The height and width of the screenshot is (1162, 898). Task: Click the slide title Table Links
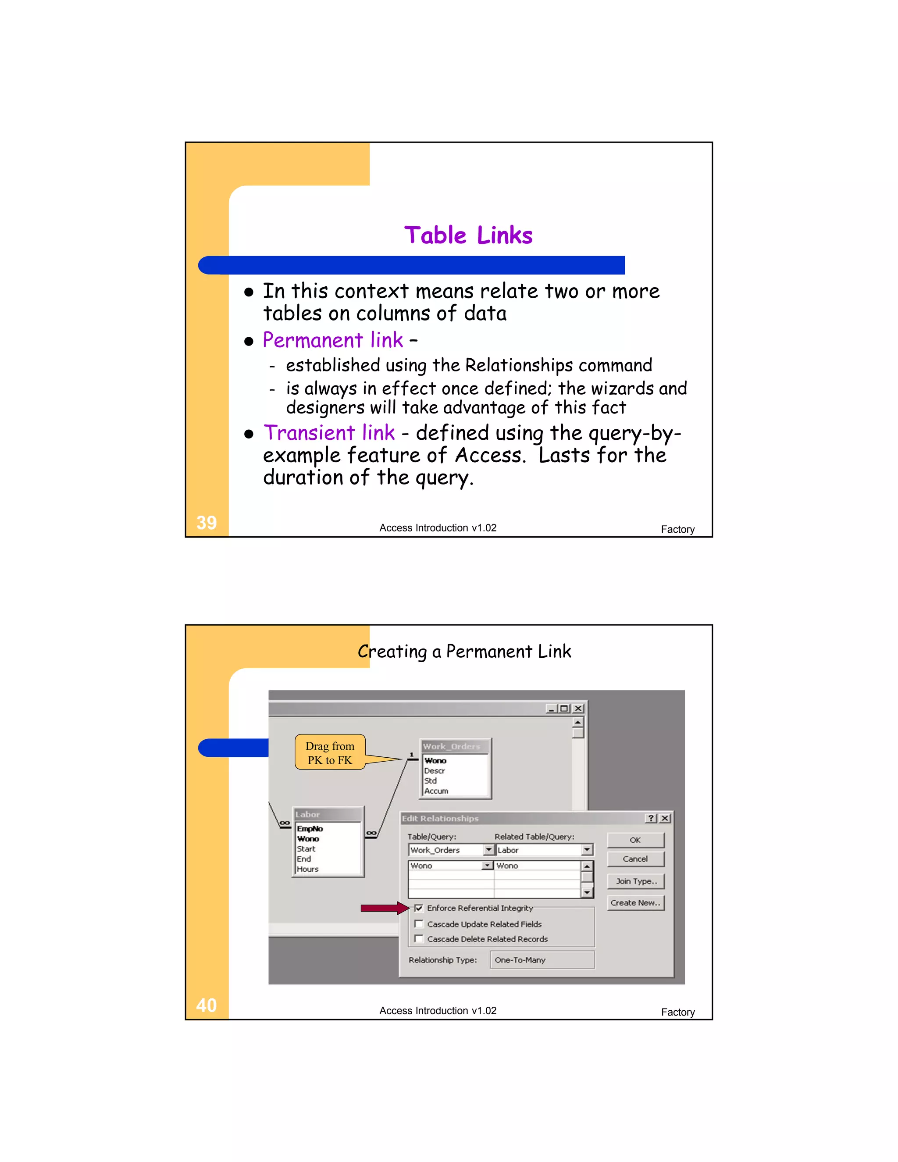468,235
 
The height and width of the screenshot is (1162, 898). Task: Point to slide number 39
207,523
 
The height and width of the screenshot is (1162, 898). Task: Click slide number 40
207,1005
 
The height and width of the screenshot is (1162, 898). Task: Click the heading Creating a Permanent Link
464,651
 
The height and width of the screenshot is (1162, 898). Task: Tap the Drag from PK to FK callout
330,753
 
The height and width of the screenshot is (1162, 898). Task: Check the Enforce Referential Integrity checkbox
419,908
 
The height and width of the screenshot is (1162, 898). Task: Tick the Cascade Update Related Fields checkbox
419,924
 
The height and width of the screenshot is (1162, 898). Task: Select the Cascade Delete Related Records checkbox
419,939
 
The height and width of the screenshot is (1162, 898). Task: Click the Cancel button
635,859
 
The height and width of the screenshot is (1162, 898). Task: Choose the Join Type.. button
636,881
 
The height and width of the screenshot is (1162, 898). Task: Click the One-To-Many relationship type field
542,960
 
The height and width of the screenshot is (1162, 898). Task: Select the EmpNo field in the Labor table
310,829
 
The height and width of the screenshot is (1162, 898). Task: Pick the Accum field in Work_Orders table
436,791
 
